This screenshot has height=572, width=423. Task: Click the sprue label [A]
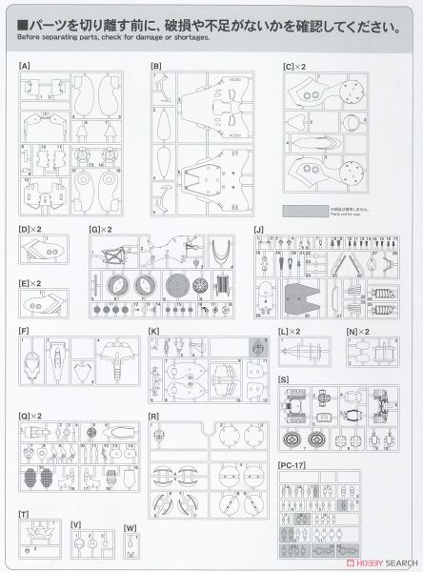click(24, 66)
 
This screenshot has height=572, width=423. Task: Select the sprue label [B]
click(156, 66)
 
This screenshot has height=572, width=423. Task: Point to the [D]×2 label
click(28, 229)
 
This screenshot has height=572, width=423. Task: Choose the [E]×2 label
click(28, 283)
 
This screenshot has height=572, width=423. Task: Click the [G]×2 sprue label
click(98, 229)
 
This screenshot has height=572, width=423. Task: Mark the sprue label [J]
click(258, 229)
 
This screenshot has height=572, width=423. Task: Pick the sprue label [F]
click(23, 331)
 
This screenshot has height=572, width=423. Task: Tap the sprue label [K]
click(154, 331)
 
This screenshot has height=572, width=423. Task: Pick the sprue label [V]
click(75, 523)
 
